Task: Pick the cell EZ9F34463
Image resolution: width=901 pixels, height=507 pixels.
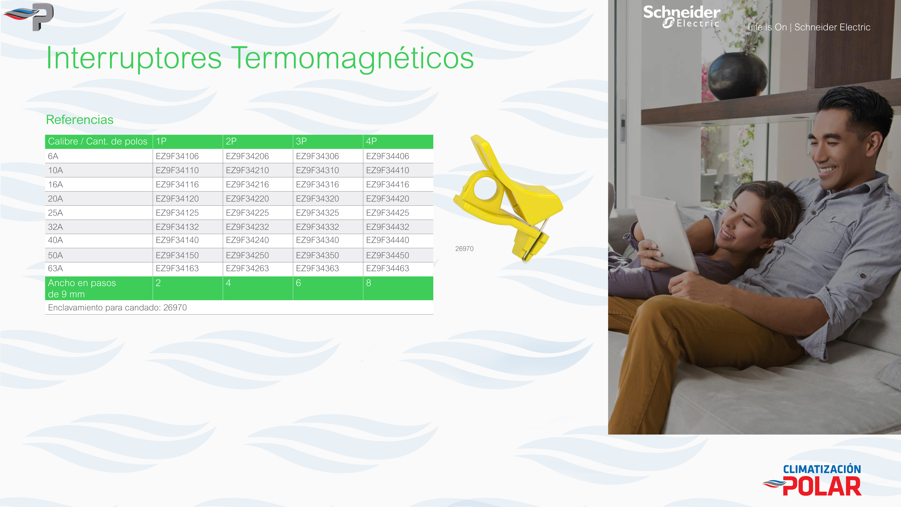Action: pyautogui.click(x=388, y=268)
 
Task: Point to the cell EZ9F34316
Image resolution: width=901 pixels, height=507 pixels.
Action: pyautogui.click(x=317, y=184)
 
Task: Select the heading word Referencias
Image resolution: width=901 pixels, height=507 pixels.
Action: pyautogui.click(x=80, y=120)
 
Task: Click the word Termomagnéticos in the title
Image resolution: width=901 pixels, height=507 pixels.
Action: pyautogui.click(x=353, y=58)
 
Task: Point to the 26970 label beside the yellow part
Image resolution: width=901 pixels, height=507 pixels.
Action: pyautogui.click(x=464, y=249)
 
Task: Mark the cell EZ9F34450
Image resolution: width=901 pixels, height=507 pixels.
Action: pyautogui.click(x=388, y=255)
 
